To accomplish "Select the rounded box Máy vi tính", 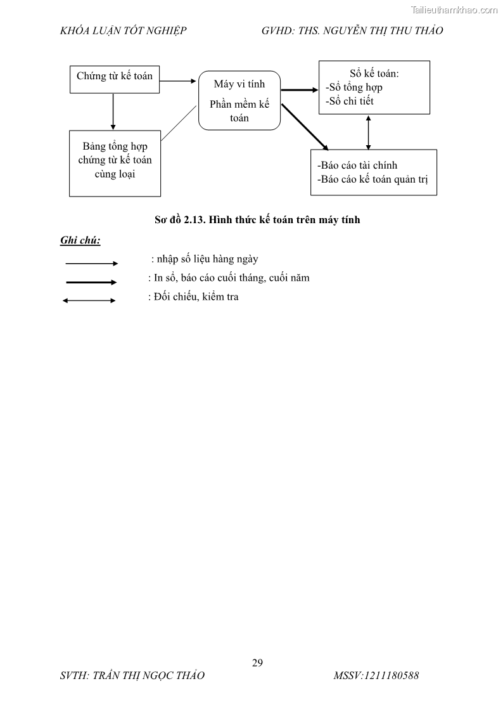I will click(x=239, y=100).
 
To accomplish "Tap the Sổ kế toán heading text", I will click(x=374, y=73).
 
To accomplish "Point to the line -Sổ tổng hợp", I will click(x=353, y=87).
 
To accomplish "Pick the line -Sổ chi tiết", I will click(x=349, y=101).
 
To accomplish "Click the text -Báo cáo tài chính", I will click(x=357, y=165).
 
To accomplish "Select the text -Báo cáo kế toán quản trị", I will click(x=372, y=179).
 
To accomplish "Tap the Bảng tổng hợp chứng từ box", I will click(x=115, y=160).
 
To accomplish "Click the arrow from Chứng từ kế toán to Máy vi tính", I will click(x=178, y=81).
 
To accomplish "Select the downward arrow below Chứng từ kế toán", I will click(x=113, y=111).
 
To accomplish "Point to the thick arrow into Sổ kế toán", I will click(x=298, y=90).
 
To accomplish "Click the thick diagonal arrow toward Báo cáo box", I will click(x=305, y=126).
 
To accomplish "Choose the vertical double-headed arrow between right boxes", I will click(x=369, y=132).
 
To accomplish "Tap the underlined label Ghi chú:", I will click(x=80, y=240).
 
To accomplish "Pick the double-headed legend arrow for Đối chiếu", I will click(x=89, y=301).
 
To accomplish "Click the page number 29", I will click(x=257, y=663).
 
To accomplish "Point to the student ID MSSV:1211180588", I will click(x=376, y=676).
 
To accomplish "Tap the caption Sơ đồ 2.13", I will click(x=257, y=220).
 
